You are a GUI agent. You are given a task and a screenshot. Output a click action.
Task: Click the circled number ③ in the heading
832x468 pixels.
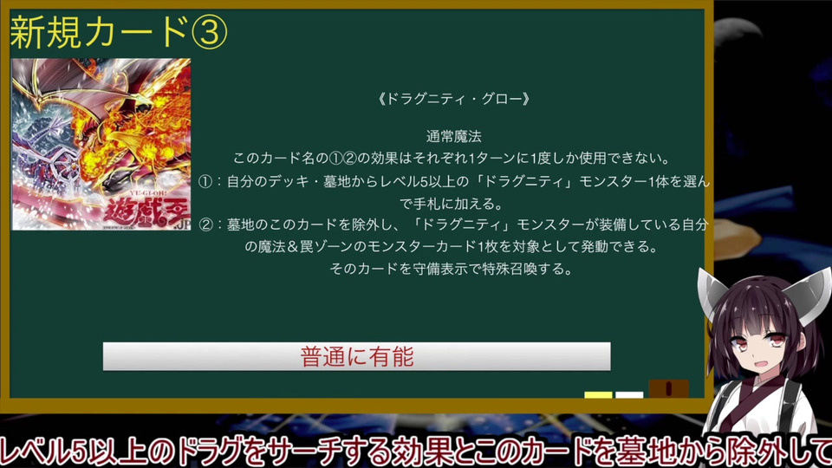[x=209, y=32]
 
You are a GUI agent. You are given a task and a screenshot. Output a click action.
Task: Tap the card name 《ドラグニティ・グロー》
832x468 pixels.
[x=453, y=99]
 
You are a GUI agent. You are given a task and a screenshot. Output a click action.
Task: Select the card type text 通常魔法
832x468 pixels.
[x=453, y=136]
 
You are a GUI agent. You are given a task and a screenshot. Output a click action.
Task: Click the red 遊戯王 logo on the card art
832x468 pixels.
[x=145, y=212]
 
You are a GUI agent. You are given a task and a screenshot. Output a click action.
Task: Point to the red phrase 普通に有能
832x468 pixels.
[x=356, y=356]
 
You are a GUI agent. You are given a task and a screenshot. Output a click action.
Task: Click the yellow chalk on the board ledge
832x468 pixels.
[x=598, y=395]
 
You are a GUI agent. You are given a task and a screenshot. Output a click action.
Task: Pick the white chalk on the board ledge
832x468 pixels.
[x=629, y=395]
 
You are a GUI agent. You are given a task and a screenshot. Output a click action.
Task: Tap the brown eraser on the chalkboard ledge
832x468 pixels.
[x=669, y=388]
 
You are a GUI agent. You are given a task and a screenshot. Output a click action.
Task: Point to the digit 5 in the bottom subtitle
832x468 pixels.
[x=79, y=451]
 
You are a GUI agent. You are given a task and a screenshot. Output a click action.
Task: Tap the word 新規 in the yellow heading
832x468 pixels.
[x=46, y=32]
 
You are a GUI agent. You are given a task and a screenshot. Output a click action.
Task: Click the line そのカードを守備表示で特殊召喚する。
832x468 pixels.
[x=452, y=269]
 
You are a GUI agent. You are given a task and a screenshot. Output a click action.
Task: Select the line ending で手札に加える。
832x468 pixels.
[x=452, y=204]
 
